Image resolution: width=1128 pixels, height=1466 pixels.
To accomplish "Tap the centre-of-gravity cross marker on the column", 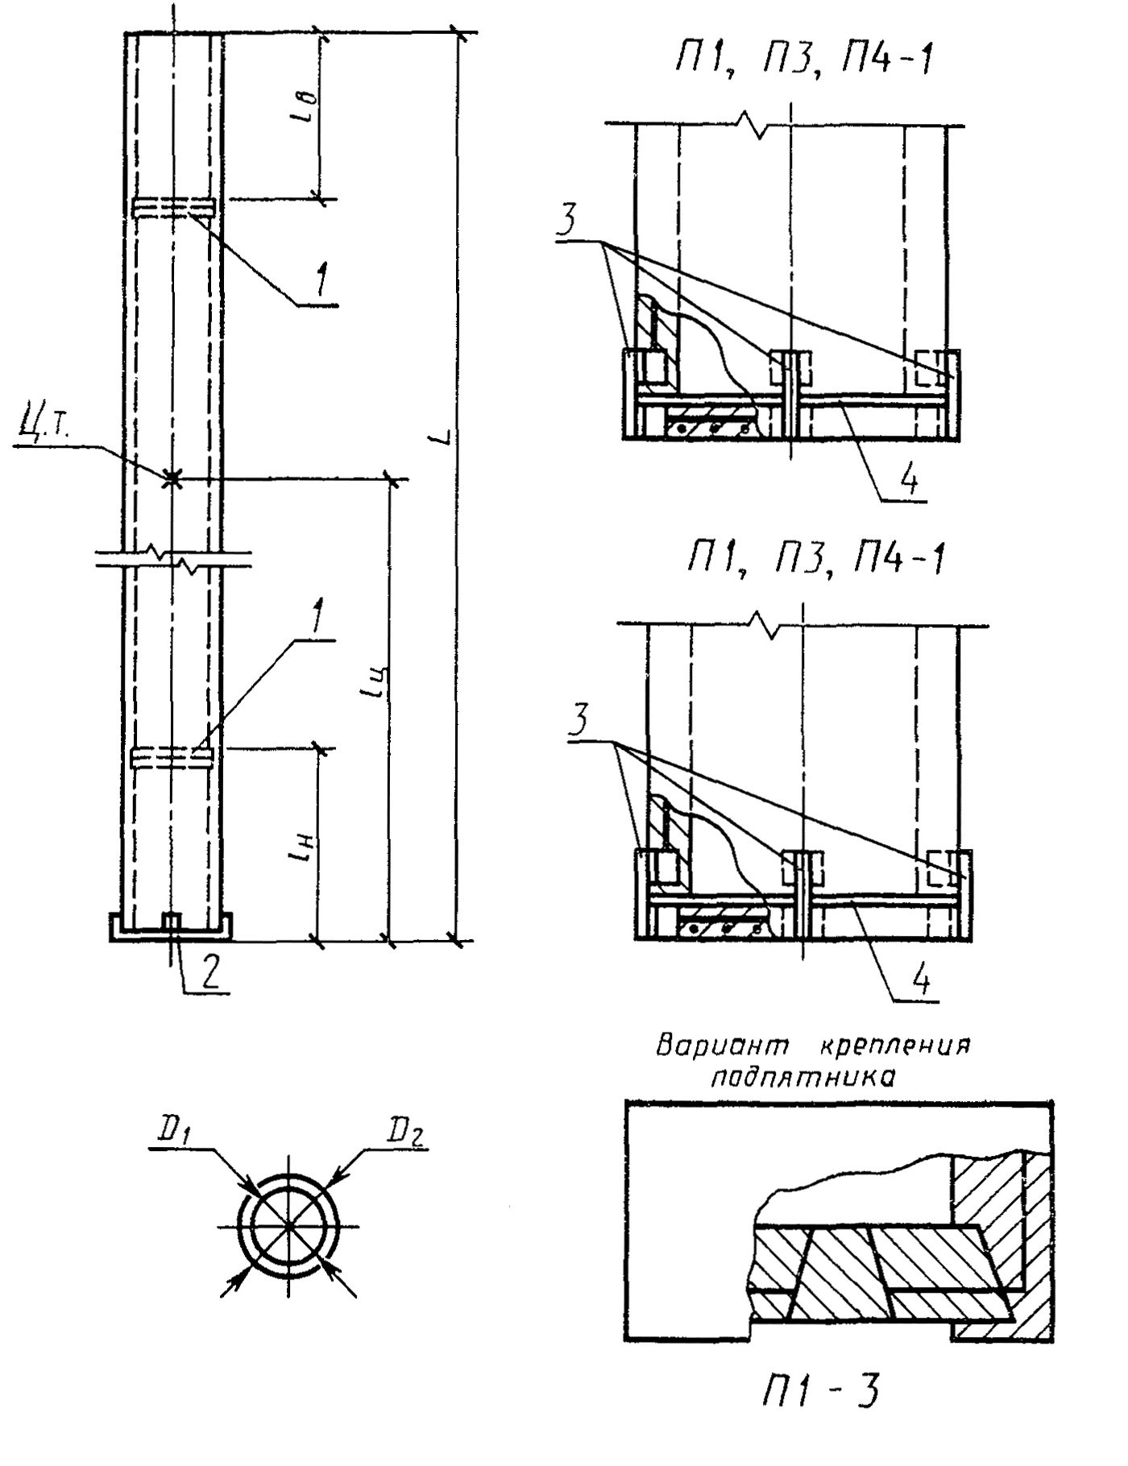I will click(x=171, y=479).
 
